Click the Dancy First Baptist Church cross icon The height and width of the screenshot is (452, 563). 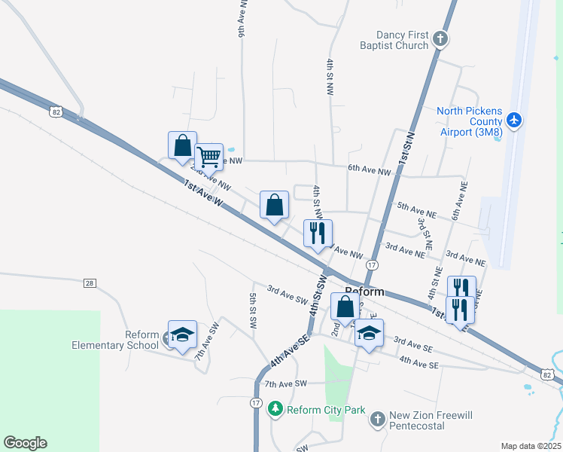(441, 38)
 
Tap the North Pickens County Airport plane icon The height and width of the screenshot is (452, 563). (515, 120)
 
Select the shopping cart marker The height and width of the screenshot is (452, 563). (208, 157)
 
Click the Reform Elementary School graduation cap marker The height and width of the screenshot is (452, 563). (181, 334)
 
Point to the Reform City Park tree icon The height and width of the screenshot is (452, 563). (275, 409)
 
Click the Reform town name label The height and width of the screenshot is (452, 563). (365, 292)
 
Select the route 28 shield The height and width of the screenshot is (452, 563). (90, 282)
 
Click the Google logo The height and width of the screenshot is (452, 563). (25, 443)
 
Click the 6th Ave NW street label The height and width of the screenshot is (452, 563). (370, 172)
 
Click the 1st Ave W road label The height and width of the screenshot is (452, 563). (204, 194)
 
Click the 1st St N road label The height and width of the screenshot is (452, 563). (409, 148)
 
